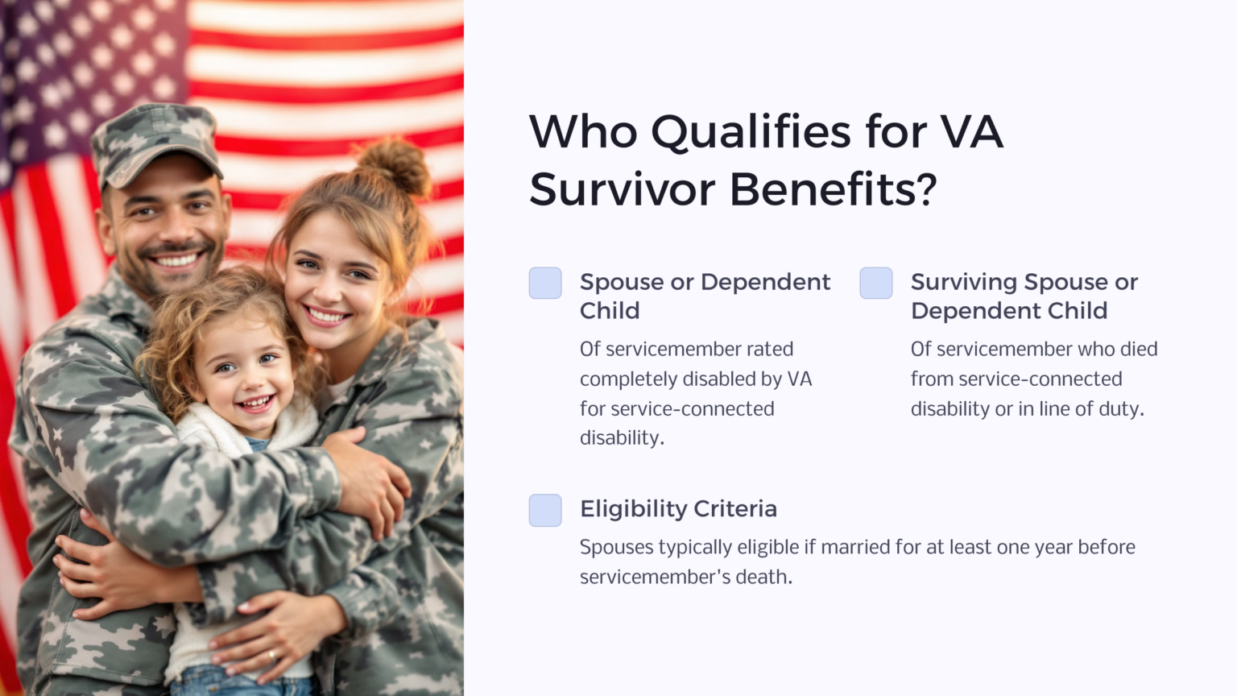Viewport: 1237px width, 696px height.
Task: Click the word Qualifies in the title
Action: tap(751, 133)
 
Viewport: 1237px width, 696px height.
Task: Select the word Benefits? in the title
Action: tap(833, 190)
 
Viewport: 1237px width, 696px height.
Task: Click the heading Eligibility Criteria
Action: tap(678, 509)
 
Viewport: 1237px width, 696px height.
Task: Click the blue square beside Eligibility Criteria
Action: tap(545, 511)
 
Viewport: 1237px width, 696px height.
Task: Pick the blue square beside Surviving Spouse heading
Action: tap(876, 284)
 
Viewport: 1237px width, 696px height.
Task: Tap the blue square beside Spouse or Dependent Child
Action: tap(545, 284)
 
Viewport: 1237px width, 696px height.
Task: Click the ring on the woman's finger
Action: tap(272, 654)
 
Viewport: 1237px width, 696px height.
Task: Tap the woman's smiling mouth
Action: tap(326, 315)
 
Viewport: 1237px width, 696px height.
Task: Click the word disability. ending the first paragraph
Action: tap(622, 439)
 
